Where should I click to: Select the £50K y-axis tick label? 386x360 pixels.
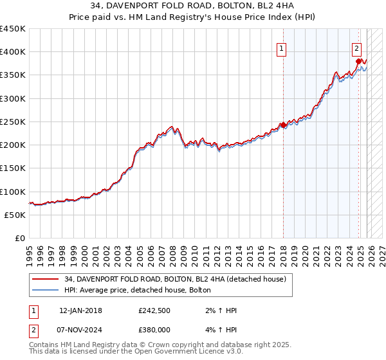(x=15, y=215)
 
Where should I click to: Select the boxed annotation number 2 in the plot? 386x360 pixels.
(x=356, y=48)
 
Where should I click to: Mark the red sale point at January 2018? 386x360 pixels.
(x=283, y=125)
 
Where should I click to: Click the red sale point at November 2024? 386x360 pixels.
(x=358, y=61)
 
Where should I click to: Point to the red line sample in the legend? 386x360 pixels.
(x=45, y=279)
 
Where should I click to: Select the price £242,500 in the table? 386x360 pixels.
(x=154, y=310)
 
